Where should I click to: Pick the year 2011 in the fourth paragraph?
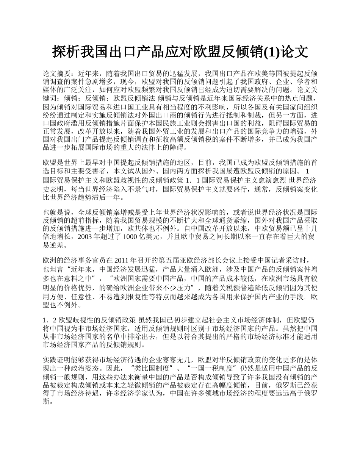tap(122, 260)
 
